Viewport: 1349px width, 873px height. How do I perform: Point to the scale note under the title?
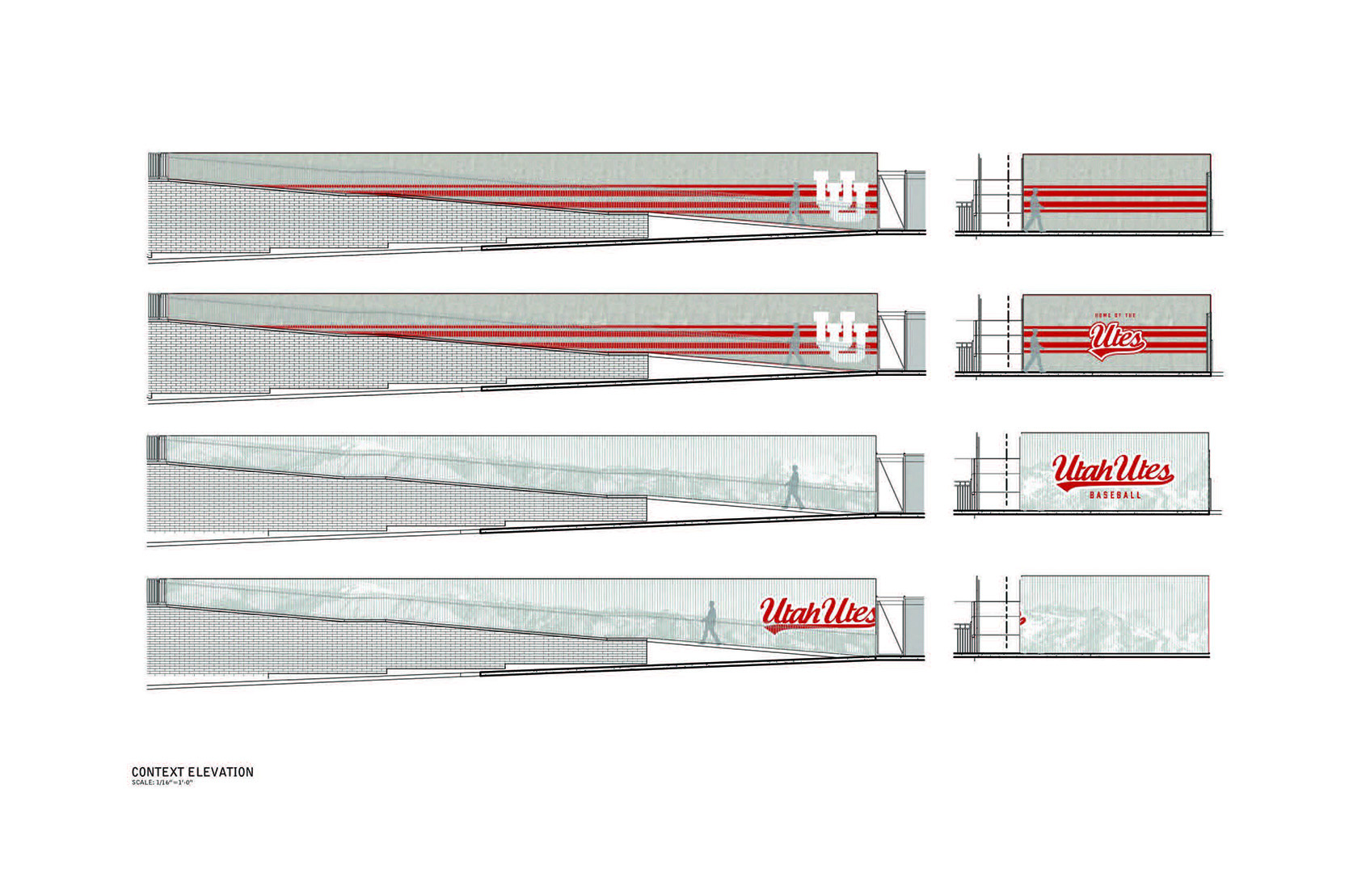pos(162,783)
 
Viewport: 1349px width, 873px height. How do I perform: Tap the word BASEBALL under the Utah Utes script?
pos(1115,495)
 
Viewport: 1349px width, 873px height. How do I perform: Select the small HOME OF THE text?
pos(1114,315)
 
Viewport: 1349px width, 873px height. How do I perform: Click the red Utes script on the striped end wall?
pos(1116,340)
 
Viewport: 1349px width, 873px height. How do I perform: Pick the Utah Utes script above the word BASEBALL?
pos(1112,470)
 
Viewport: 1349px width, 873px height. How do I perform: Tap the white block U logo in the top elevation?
pos(841,196)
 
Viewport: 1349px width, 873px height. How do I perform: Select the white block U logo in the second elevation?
pos(841,336)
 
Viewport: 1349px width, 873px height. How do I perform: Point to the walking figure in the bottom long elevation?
pos(710,622)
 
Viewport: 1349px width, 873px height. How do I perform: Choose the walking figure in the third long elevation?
pos(794,487)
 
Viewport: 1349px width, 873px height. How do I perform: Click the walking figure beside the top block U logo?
pos(795,204)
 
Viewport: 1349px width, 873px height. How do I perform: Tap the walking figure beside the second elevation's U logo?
pos(795,344)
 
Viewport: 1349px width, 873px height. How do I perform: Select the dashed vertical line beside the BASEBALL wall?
pos(1006,470)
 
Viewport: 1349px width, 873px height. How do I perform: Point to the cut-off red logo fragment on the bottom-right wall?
pos(1023,620)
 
